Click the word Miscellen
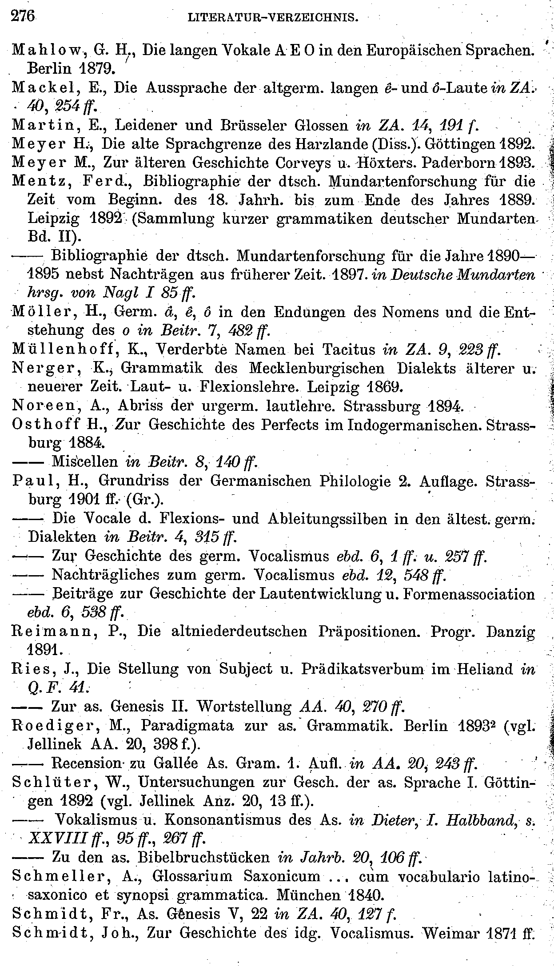tap(85, 462)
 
